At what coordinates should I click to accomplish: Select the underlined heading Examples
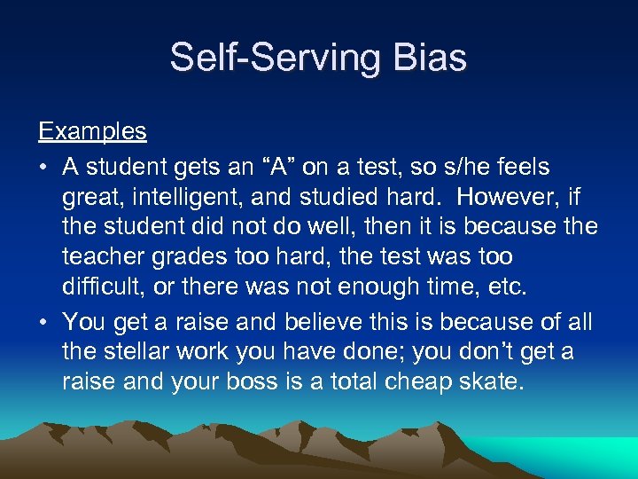92,132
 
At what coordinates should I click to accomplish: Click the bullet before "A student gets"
43,168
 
